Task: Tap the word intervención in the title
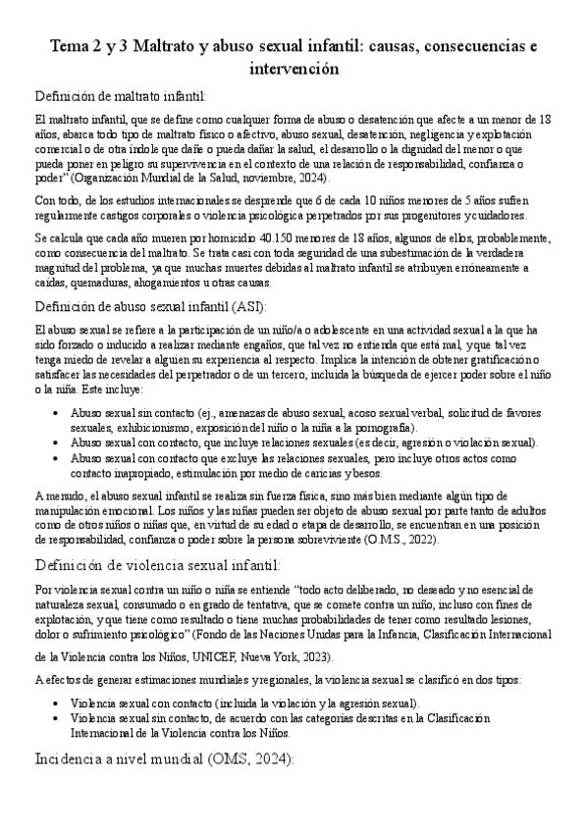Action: click(294, 70)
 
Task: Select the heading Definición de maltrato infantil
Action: click(121, 96)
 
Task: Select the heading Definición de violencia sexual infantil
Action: click(158, 565)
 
